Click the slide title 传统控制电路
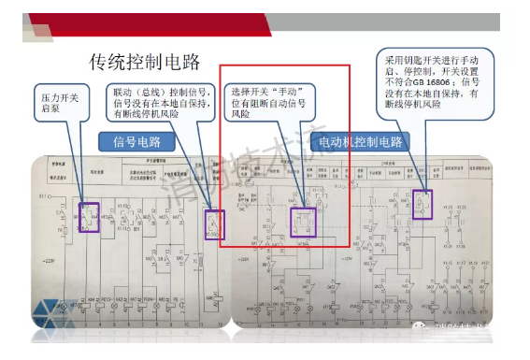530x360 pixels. coord(145,63)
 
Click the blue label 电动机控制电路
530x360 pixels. coord(360,142)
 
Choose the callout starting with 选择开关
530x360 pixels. coord(270,103)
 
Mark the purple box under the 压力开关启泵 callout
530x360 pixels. coord(89,216)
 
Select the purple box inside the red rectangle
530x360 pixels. coord(304,222)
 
